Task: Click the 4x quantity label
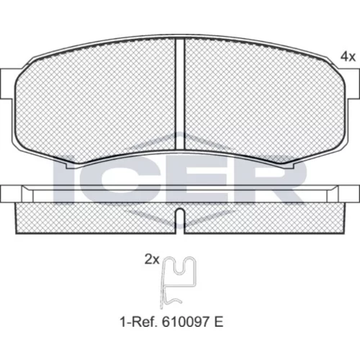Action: click(x=348, y=57)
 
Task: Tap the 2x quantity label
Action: click(x=152, y=260)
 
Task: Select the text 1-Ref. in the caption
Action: click(x=139, y=322)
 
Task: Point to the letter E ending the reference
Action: click(x=219, y=322)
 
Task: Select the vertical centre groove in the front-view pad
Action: click(x=180, y=94)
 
